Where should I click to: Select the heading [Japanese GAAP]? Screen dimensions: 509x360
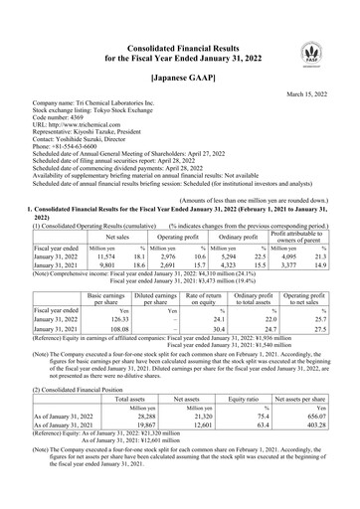[x=179, y=76]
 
